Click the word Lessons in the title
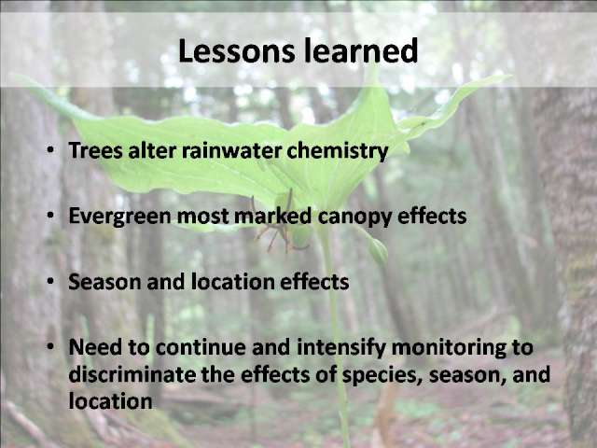tap(236, 50)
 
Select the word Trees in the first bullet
tap(96, 150)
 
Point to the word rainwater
tap(232, 150)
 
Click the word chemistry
tap(338, 151)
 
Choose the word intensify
tap(341, 348)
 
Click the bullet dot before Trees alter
tap(50, 150)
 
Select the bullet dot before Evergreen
tap(50, 216)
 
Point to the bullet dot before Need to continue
tap(50, 346)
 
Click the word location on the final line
tap(110, 401)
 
